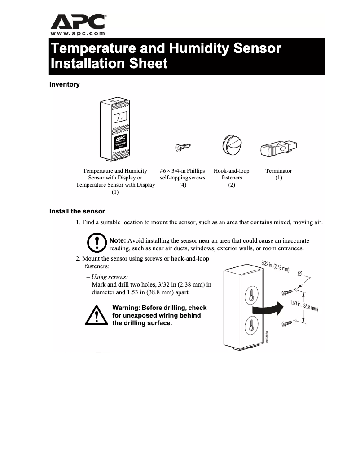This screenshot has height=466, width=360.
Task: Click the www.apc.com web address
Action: [x=78, y=33]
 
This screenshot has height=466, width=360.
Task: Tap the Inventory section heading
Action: [x=64, y=84]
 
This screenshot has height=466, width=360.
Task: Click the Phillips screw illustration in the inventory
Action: [x=183, y=147]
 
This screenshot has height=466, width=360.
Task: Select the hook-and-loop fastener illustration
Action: [x=232, y=144]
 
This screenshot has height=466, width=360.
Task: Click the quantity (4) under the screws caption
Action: [x=183, y=185]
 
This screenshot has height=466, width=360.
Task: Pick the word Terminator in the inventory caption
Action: [x=278, y=171]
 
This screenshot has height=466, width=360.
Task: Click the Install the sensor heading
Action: [x=77, y=211]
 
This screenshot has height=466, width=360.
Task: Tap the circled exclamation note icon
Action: [x=96, y=242]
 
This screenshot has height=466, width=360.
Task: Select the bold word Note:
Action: [x=118, y=241]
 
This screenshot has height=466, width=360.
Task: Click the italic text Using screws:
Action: [x=110, y=277]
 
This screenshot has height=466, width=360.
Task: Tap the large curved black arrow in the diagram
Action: [x=266, y=309]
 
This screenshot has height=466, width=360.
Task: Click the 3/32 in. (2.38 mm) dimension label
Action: [x=275, y=267]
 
